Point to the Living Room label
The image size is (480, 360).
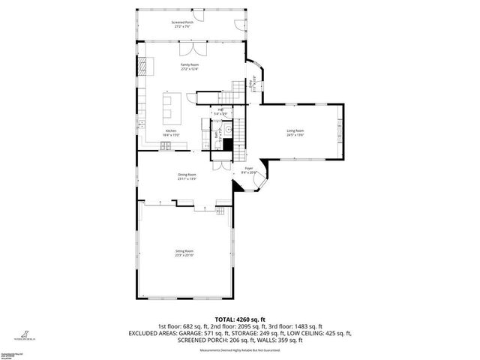[295, 130]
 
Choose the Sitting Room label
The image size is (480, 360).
[184, 251]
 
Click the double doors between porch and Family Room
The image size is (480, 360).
[196, 49]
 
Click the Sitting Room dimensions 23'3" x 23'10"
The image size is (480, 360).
[184, 255]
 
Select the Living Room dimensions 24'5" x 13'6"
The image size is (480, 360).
[295, 134]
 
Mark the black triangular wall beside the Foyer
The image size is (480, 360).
[238, 187]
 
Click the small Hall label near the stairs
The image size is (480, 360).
[220, 110]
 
